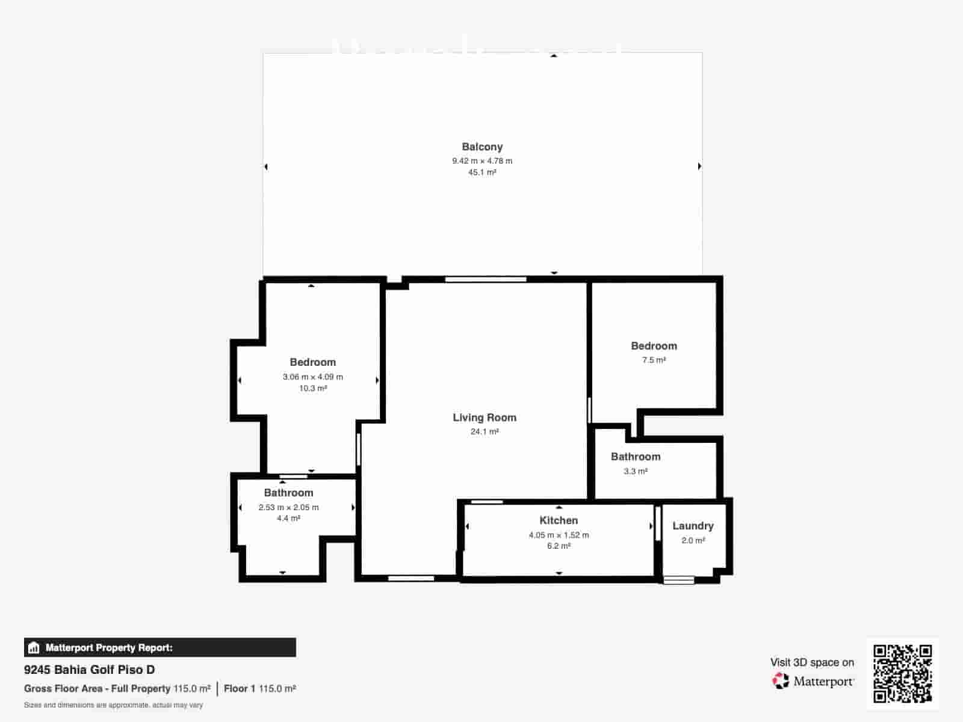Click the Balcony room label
click(x=482, y=147)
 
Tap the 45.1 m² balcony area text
click(x=482, y=173)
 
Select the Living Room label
click(x=485, y=418)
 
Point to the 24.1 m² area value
click(x=485, y=432)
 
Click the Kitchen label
click(x=559, y=520)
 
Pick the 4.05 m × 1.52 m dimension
click(x=559, y=535)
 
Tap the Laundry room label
click(x=693, y=526)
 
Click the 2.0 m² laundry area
click(x=693, y=540)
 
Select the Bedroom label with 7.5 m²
click(x=654, y=346)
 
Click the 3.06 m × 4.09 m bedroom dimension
click(x=313, y=377)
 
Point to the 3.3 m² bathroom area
click(x=636, y=471)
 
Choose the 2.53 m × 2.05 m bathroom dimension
click(x=289, y=507)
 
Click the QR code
click(x=903, y=674)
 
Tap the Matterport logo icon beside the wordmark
click(x=781, y=681)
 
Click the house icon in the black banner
click(x=34, y=648)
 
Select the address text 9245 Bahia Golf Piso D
click(x=89, y=670)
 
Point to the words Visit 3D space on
click(x=812, y=662)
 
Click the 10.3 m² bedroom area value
click(x=313, y=389)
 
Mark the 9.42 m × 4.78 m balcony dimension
click(x=482, y=161)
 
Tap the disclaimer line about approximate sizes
click(x=113, y=705)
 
